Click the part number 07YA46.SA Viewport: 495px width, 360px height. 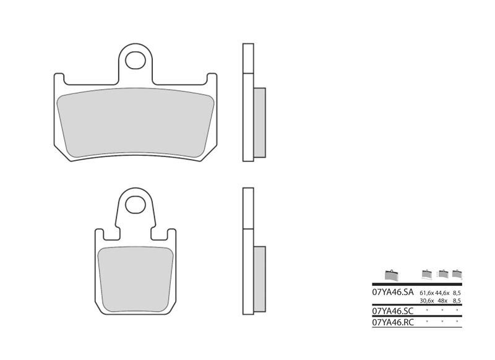coord(392,292)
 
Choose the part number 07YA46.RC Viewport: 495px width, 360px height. coord(392,322)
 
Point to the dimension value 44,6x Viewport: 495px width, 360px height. coord(443,292)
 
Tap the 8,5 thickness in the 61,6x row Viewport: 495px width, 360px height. coord(458,292)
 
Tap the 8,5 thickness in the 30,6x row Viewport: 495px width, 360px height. coord(458,301)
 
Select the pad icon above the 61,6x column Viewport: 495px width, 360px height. coord(426,273)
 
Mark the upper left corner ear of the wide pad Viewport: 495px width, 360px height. coord(59,78)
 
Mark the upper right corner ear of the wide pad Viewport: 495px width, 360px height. coord(212,78)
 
